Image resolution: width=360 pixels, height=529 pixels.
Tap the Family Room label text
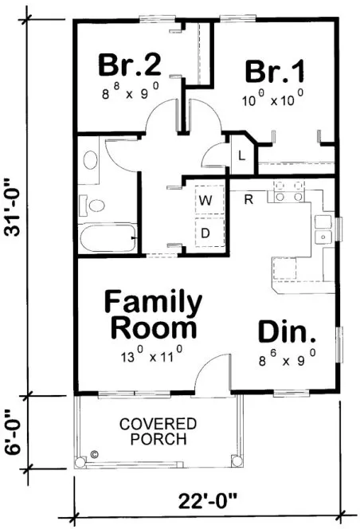154,314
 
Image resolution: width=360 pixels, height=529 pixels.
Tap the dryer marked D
205,233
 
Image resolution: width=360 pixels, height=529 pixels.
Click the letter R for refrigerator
248,199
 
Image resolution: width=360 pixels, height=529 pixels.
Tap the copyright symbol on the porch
94,455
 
